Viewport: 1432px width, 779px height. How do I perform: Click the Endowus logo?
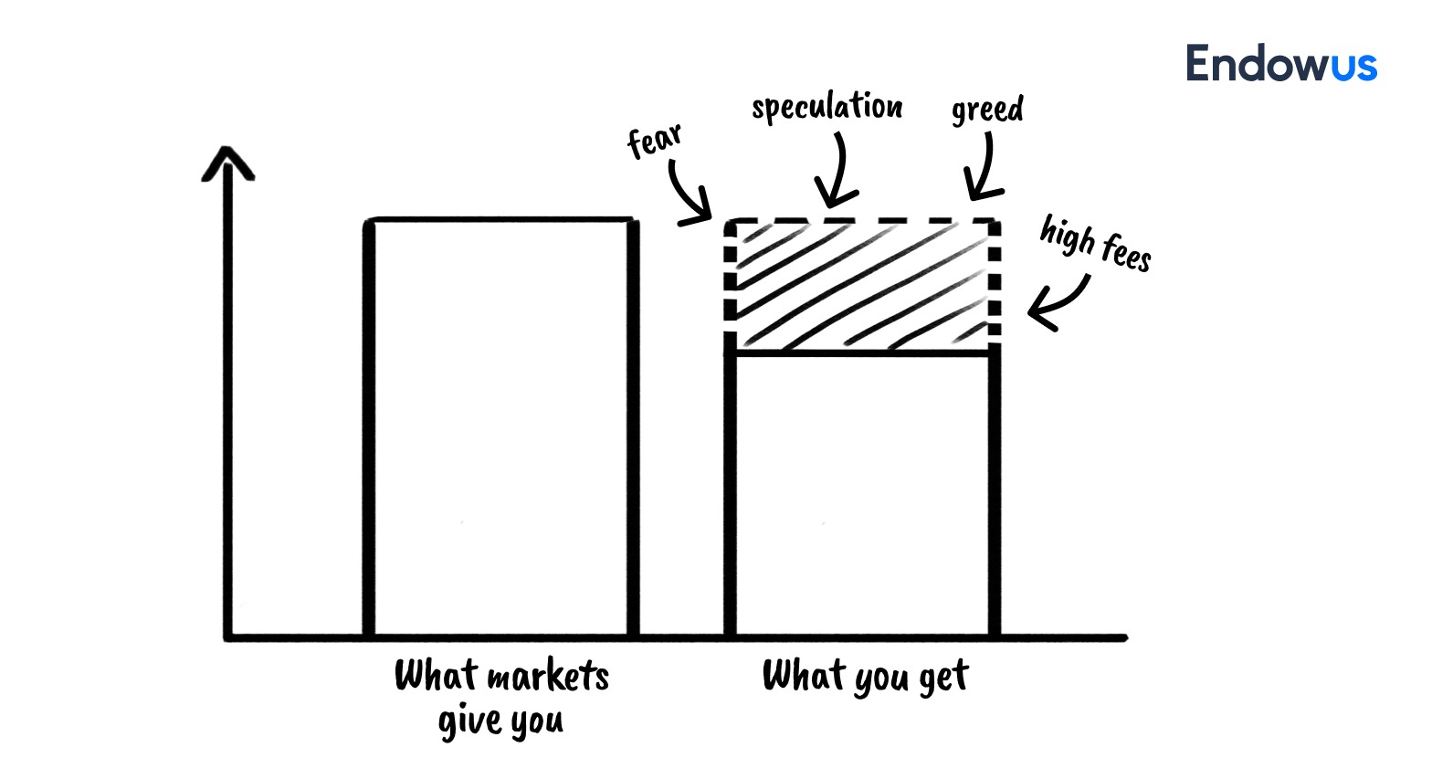1280,64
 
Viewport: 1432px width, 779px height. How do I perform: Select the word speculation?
827,108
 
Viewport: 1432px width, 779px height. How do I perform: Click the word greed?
987,111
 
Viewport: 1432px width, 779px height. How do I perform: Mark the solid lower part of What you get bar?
863,493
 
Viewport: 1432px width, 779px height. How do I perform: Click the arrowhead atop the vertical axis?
227,162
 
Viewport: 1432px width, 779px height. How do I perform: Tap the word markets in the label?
547,677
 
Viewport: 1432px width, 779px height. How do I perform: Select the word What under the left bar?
436,676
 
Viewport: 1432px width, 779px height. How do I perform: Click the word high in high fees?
1067,235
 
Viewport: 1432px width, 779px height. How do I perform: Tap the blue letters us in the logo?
1353,66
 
